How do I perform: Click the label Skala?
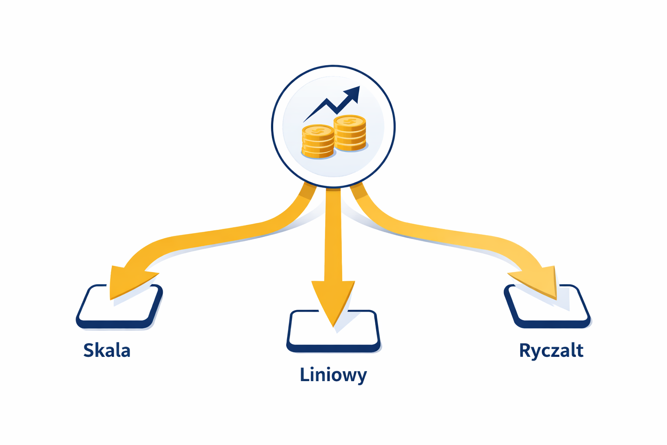click(x=107, y=350)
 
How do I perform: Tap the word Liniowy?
click(x=333, y=375)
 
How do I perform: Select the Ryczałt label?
click(x=551, y=351)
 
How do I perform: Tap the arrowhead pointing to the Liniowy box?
click(x=333, y=300)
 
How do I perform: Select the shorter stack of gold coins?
click(x=318, y=142)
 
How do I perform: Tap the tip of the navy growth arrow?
click(x=357, y=89)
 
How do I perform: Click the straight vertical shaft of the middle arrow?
click(x=333, y=235)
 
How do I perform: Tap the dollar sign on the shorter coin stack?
click(x=318, y=131)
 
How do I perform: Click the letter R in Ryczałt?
click(x=525, y=350)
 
